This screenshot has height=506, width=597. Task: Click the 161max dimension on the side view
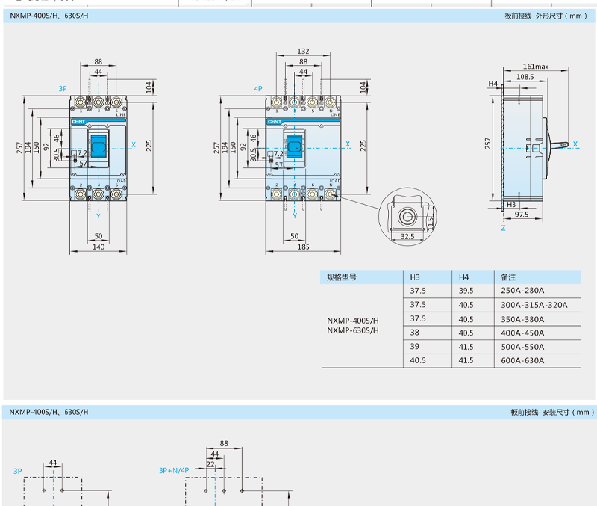pos(535,67)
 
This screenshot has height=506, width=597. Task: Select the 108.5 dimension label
pos(525,76)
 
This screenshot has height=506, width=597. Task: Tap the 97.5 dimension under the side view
pos(521,214)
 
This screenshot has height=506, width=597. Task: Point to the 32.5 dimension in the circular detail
pos(407,236)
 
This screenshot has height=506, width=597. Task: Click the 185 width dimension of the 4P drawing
pos(303,246)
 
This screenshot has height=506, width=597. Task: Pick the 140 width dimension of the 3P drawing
pos(98,246)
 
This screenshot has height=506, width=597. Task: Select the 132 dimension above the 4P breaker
pos(303,52)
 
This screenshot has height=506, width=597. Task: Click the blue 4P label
pos(258,88)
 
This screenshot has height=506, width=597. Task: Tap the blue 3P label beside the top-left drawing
pos(63,88)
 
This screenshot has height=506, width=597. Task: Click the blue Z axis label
pos(503,228)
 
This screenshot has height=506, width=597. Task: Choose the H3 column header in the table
pos(416,277)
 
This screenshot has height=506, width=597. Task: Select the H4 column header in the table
pos(463,277)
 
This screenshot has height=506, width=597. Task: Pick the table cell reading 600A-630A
pos(523,360)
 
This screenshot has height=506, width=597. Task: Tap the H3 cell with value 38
pos(415,333)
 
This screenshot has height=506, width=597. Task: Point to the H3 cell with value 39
pos(415,347)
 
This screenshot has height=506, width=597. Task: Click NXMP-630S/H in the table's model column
pos(352,330)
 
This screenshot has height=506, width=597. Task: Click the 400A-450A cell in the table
pos(523,333)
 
